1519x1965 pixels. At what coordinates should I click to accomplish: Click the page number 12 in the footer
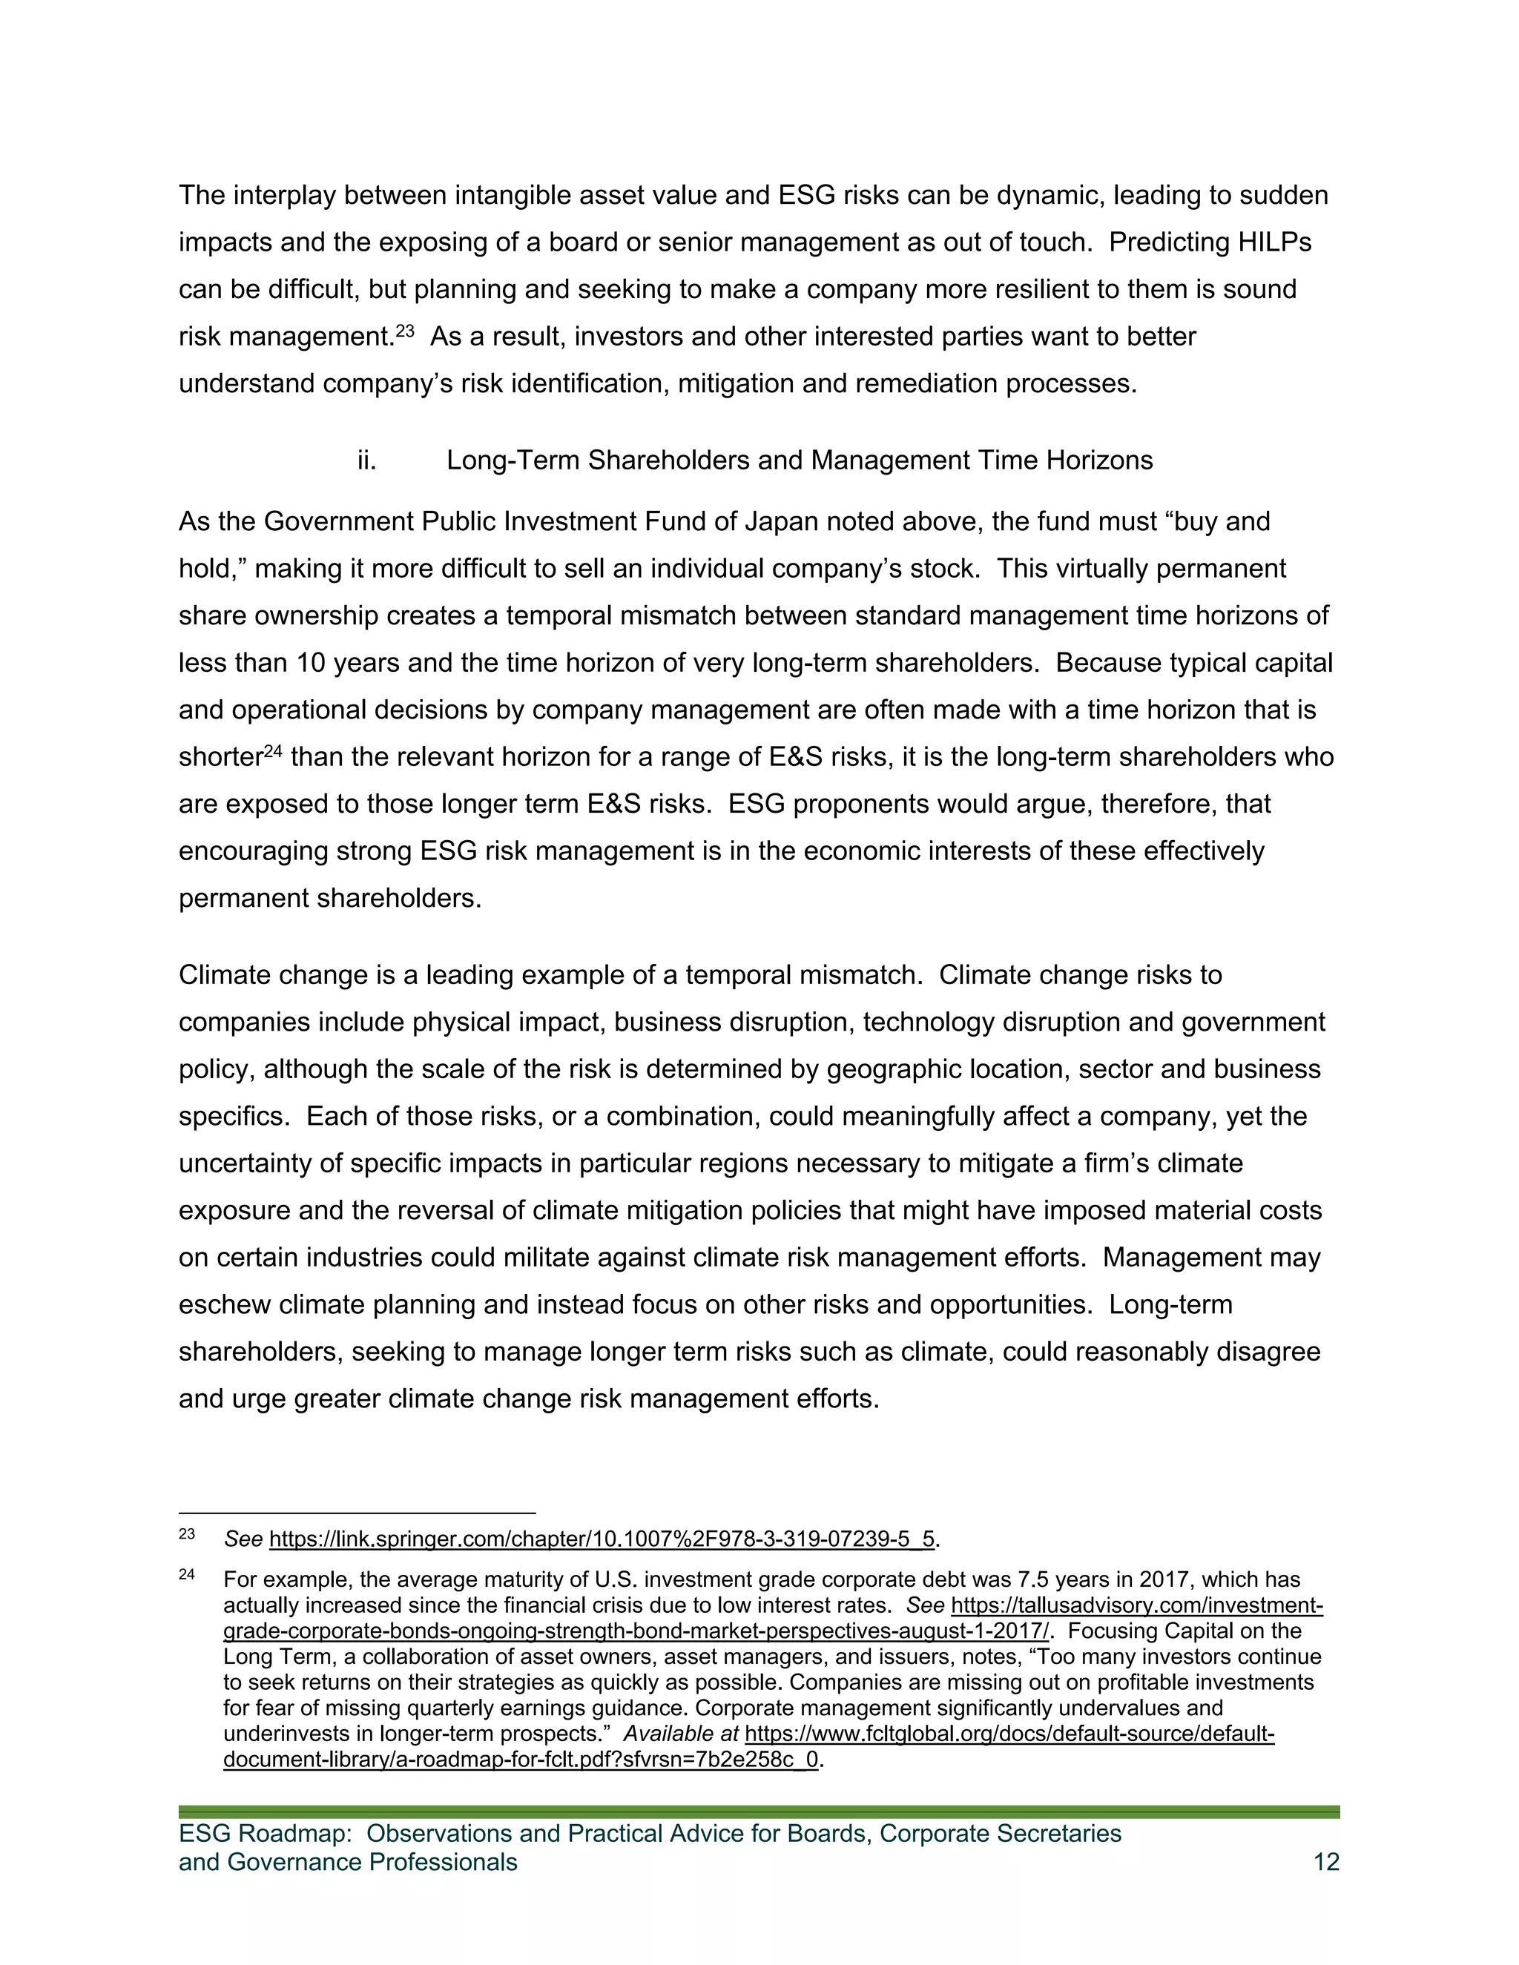(x=1325, y=1861)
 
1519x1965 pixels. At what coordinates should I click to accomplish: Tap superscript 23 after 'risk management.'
(x=405, y=330)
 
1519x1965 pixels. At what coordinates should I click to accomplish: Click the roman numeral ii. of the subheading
(x=366, y=460)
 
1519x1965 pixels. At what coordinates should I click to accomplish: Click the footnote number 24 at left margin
(x=186, y=1574)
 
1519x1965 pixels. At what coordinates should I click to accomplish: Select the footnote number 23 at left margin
(x=186, y=1534)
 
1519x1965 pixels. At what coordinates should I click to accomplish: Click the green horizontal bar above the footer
(x=759, y=1812)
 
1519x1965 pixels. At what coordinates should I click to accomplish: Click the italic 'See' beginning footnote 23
(x=243, y=1539)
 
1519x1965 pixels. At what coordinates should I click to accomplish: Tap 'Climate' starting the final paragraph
(x=228, y=975)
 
